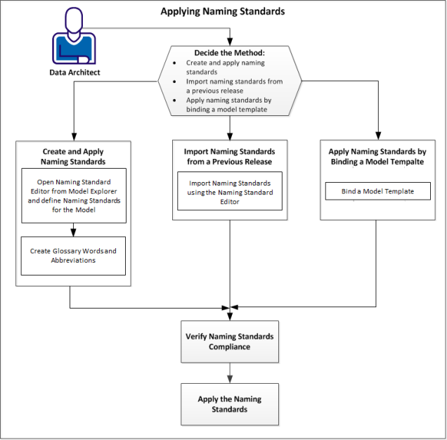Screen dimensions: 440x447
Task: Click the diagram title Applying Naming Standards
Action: click(x=223, y=11)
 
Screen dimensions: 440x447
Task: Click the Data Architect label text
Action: click(x=74, y=72)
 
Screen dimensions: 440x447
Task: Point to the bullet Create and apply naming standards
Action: click(x=225, y=67)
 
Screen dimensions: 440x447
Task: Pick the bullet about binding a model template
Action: click(x=228, y=105)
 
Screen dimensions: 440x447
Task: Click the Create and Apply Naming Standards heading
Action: click(x=73, y=156)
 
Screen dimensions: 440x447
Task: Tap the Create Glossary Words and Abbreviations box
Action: click(x=73, y=255)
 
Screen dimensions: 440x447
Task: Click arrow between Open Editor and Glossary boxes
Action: click(x=73, y=229)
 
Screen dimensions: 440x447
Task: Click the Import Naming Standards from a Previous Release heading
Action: click(x=229, y=156)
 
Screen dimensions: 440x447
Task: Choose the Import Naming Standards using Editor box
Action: click(x=229, y=192)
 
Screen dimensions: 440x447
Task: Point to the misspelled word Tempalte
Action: click(x=406, y=162)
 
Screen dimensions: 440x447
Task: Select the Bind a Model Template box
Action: click(x=377, y=190)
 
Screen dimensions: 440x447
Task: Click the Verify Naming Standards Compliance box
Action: click(x=229, y=341)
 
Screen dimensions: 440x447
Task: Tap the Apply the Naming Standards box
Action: click(x=229, y=403)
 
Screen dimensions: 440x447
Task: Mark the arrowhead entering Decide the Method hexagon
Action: click(x=230, y=41)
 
